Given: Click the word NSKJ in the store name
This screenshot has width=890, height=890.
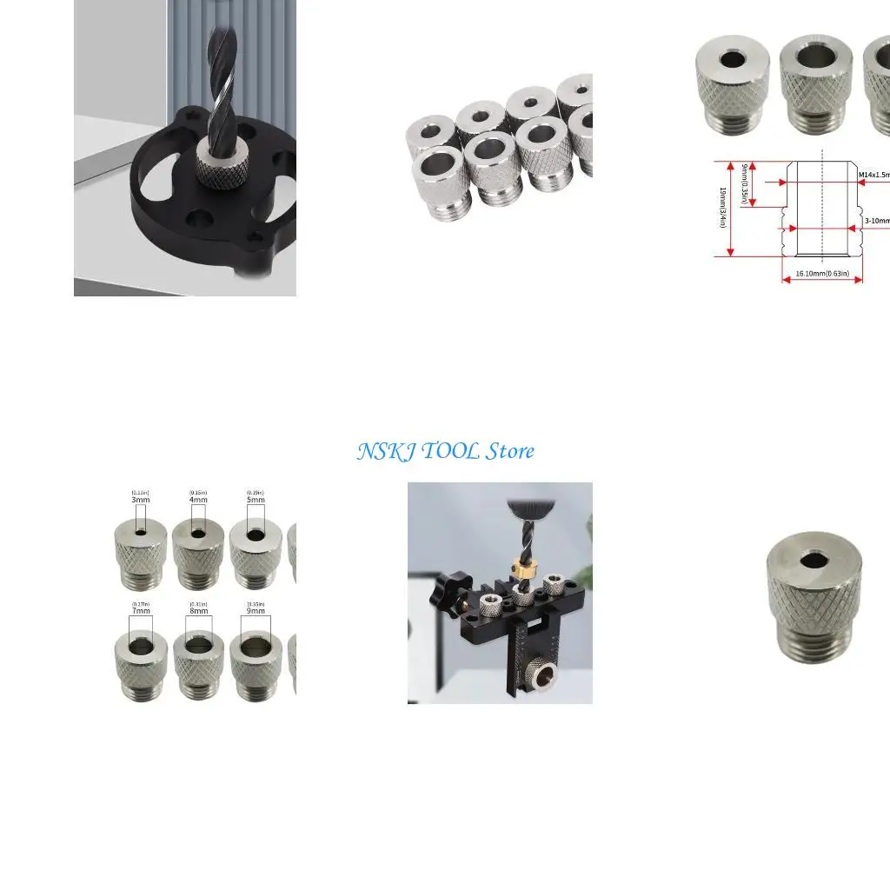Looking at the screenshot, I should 383,451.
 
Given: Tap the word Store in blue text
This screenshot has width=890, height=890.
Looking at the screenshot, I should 510,451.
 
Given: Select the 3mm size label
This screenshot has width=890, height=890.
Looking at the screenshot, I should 141,500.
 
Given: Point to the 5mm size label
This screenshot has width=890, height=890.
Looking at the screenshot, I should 256,500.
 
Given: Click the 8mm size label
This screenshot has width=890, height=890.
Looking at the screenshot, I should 199,611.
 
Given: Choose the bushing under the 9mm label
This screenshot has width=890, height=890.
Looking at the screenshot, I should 256,666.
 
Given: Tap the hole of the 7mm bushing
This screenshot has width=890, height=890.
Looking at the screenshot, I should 140,642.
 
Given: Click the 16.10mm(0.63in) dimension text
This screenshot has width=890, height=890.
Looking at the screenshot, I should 821,274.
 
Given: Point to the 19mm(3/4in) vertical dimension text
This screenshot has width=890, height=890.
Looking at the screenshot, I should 722,209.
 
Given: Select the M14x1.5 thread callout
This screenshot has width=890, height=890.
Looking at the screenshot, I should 873,175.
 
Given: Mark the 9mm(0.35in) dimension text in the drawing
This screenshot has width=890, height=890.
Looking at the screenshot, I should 744,184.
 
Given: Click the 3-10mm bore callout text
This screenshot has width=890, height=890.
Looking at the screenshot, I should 876,221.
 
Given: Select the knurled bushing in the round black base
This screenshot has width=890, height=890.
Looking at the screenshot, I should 214,164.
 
